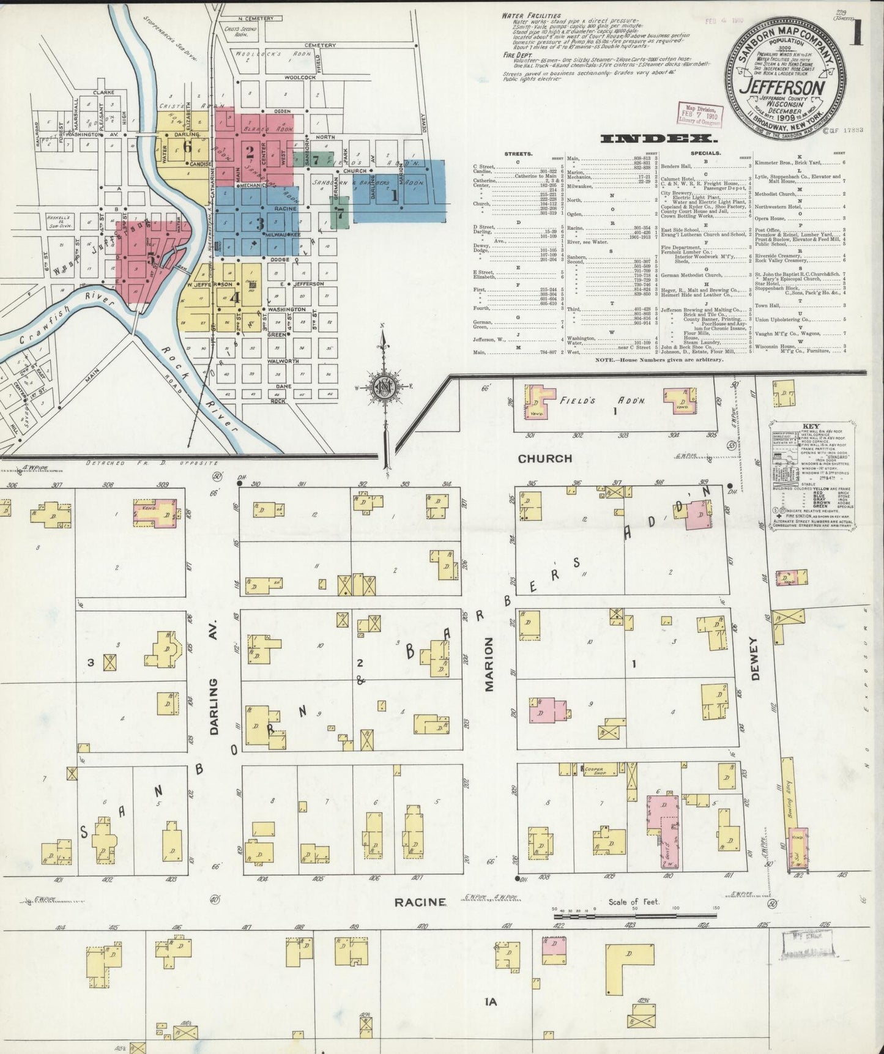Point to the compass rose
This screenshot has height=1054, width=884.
(384, 388)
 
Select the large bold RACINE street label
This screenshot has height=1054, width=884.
(419, 902)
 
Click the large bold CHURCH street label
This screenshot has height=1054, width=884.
(544, 458)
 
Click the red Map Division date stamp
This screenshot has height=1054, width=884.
(699, 114)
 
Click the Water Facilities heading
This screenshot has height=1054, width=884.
(530, 15)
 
